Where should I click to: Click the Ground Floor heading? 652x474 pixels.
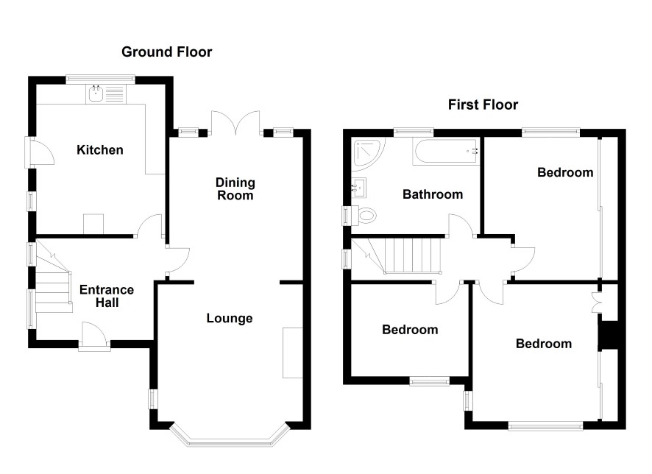(167, 52)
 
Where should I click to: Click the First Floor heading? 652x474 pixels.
(483, 105)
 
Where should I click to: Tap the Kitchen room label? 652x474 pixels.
(100, 149)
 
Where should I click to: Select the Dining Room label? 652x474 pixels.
(235, 188)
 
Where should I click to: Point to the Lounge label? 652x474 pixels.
(230, 318)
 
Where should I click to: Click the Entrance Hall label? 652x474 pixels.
(107, 296)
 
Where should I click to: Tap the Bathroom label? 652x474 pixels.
(433, 194)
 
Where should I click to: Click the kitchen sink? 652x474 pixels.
(106, 94)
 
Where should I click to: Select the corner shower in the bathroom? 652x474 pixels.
(368, 153)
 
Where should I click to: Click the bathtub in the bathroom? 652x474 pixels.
(446, 152)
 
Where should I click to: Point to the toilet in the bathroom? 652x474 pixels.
(364, 216)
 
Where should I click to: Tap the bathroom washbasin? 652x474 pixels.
(358, 188)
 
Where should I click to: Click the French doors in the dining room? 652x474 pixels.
(236, 123)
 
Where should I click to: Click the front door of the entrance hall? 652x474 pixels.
(94, 336)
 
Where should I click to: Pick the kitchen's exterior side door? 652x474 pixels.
(40, 152)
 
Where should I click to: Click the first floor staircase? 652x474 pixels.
(397, 255)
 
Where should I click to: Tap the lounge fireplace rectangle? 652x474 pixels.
(292, 353)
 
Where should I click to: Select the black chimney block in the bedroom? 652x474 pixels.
(609, 335)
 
